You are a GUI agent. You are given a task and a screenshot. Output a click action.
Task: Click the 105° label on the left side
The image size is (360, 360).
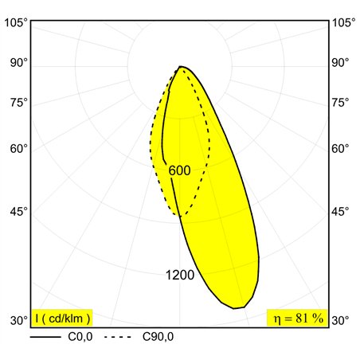(x=16, y=23)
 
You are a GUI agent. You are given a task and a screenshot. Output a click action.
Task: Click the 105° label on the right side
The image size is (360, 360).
(x=344, y=23)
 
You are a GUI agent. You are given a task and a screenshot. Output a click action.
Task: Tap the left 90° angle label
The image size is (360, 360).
(x=19, y=63)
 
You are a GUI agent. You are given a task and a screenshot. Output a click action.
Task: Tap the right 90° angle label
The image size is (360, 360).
(x=340, y=63)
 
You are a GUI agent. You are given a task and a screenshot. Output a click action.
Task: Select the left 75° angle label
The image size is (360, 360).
(x=19, y=103)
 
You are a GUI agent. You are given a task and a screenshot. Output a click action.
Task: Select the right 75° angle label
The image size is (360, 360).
(x=340, y=103)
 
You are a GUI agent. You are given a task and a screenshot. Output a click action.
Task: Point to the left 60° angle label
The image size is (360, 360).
(x=19, y=149)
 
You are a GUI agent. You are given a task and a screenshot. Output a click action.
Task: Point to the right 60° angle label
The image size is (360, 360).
(x=340, y=149)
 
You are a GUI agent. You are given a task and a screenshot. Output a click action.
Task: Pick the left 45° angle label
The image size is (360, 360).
(x=19, y=212)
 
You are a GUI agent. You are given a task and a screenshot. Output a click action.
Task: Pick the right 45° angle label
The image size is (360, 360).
(x=340, y=212)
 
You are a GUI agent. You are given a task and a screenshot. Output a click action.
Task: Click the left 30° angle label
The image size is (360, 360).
(x=19, y=321)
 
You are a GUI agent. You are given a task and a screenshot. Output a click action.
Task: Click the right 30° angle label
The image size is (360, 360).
(x=340, y=321)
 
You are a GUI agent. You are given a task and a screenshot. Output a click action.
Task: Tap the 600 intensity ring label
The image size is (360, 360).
(x=179, y=170)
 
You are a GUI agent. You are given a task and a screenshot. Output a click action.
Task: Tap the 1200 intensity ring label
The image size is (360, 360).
(x=180, y=275)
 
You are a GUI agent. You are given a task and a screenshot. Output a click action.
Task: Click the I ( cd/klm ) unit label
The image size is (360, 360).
(x=62, y=318)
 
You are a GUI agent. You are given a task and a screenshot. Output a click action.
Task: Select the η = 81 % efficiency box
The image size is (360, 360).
(x=298, y=318)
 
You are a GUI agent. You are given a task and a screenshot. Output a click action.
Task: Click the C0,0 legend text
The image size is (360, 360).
(x=80, y=337)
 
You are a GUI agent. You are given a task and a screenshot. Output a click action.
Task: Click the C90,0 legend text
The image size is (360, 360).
(x=158, y=337)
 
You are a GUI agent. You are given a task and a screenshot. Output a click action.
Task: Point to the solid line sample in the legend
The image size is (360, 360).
(x=45, y=337)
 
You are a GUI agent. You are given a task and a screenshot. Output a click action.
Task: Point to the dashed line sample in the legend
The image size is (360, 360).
(x=118, y=337)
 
